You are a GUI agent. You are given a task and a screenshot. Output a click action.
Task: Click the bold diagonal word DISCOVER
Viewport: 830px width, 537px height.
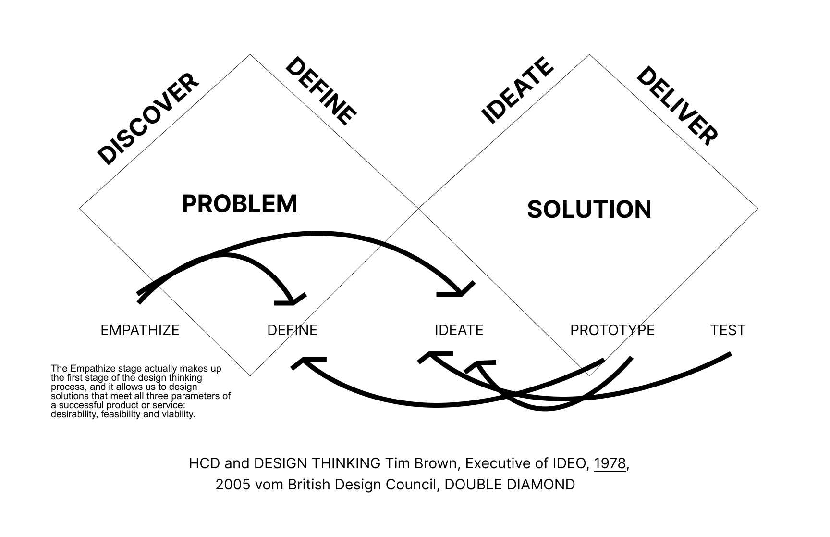pyautogui.click(x=147, y=119)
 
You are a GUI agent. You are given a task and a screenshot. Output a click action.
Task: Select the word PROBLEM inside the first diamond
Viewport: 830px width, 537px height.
pyautogui.click(x=239, y=204)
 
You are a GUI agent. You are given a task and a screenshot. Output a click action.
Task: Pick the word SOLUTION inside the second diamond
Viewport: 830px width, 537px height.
pyautogui.click(x=589, y=210)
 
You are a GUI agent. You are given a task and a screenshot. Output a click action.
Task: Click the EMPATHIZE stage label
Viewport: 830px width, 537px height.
pyautogui.click(x=140, y=330)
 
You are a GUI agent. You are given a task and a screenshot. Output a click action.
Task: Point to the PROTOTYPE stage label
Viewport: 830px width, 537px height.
pyautogui.click(x=612, y=330)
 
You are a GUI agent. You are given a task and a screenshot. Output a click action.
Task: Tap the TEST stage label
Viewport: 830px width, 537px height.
pyautogui.click(x=728, y=330)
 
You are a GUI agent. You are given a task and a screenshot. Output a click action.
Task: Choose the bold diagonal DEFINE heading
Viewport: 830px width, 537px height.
pyautogui.click(x=321, y=91)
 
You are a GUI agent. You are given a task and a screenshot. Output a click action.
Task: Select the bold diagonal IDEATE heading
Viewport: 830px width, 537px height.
pyautogui.click(x=517, y=90)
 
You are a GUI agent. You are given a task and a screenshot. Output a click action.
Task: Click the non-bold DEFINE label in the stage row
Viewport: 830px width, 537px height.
pyautogui.click(x=292, y=330)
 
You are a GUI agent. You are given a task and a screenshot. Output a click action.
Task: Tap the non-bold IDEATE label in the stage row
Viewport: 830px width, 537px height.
pyautogui.click(x=459, y=330)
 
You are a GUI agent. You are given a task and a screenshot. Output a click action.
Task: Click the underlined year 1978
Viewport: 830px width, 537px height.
pyautogui.click(x=610, y=463)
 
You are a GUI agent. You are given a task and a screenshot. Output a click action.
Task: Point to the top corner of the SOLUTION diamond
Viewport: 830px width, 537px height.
pyautogui.click(x=589, y=55)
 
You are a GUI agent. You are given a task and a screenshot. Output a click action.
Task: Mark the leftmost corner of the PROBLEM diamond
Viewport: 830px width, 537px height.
pyautogui.click(x=80, y=209)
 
